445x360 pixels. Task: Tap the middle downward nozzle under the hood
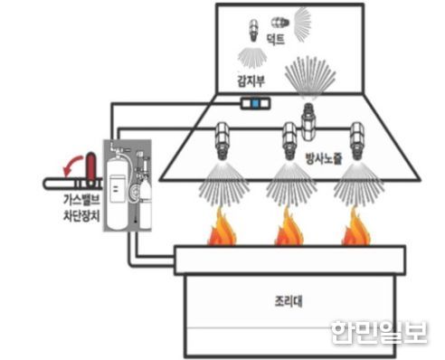tap(289, 141)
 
